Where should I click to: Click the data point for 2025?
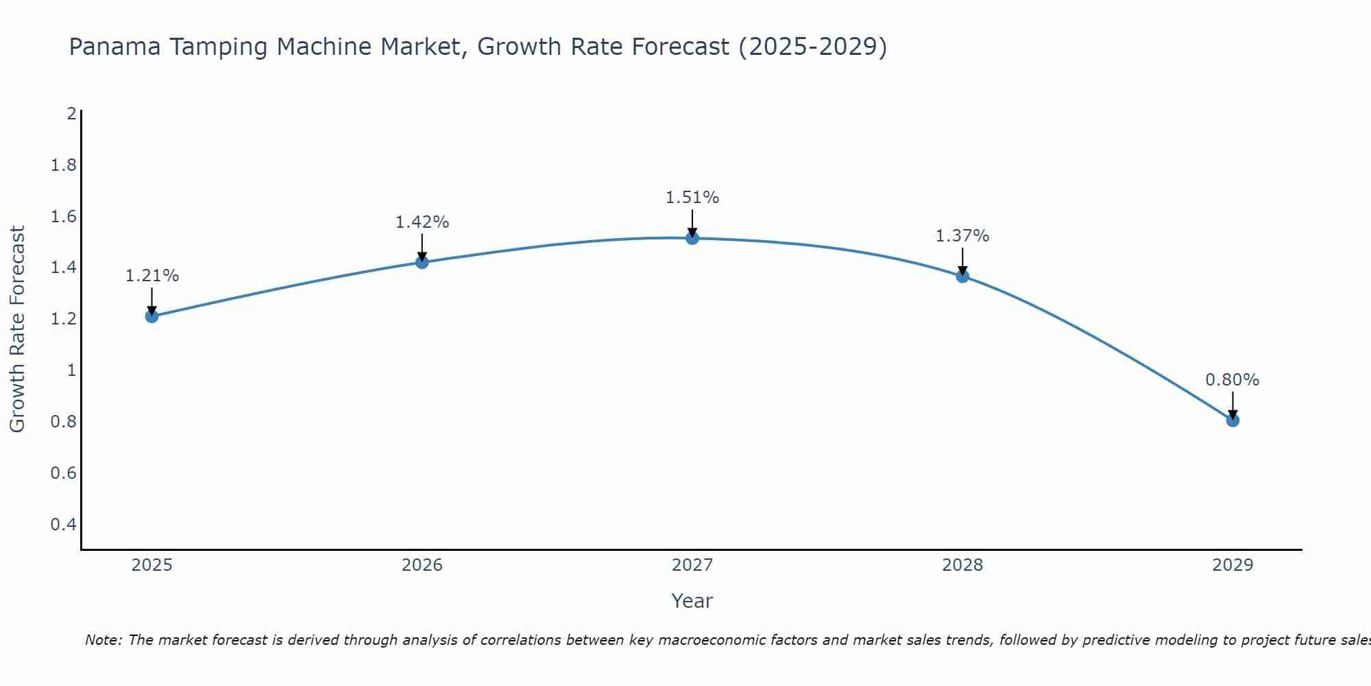tap(151, 316)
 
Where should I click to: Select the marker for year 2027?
tap(692, 238)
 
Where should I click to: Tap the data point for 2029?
tap(1233, 420)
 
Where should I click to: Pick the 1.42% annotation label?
tap(422, 222)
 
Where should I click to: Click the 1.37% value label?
tap(962, 236)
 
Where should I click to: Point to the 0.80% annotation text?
tap(1233, 380)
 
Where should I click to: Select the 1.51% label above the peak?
tap(692, 198)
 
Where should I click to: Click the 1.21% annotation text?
tap(151, 276)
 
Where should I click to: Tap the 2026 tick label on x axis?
tap(422, 565)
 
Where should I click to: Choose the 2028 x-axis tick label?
tap(962, 565)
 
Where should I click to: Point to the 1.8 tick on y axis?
tap(63, 165)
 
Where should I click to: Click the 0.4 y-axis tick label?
tap(63, 525)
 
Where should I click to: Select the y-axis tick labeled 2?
tap(71, 114)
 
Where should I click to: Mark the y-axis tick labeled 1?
tap(71, 370)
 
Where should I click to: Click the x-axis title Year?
tap(692, 601)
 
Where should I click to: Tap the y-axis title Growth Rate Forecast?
tap(18, 329)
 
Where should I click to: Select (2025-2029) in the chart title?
tap(812, 47)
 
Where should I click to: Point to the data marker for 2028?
tap(962, 276)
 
